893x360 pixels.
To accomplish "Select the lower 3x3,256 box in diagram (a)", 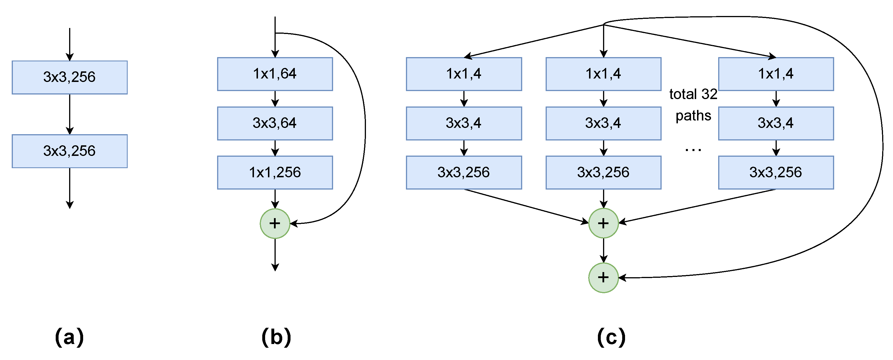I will [x=69, y=151].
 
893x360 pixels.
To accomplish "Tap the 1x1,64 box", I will [x=275, y=74].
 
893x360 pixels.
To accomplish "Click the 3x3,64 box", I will [x=275, y=123].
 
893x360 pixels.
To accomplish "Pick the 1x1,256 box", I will [x=275, y=172].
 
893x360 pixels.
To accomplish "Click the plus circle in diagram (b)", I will [x=275, y=224].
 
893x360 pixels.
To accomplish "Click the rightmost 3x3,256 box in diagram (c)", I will [x=776, y=172].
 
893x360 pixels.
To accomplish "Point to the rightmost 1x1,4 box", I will [x=776, y=74].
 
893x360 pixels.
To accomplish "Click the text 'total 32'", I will [x=693, y=94].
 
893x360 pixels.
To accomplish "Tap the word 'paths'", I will [x=693, y=116].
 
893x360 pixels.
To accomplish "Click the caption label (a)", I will [x=69, y=337].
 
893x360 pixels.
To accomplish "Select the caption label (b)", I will [x=276, y=337].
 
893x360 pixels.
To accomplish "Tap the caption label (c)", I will [x=611, y=337].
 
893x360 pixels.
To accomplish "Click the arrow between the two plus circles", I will [x=603, y=250].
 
